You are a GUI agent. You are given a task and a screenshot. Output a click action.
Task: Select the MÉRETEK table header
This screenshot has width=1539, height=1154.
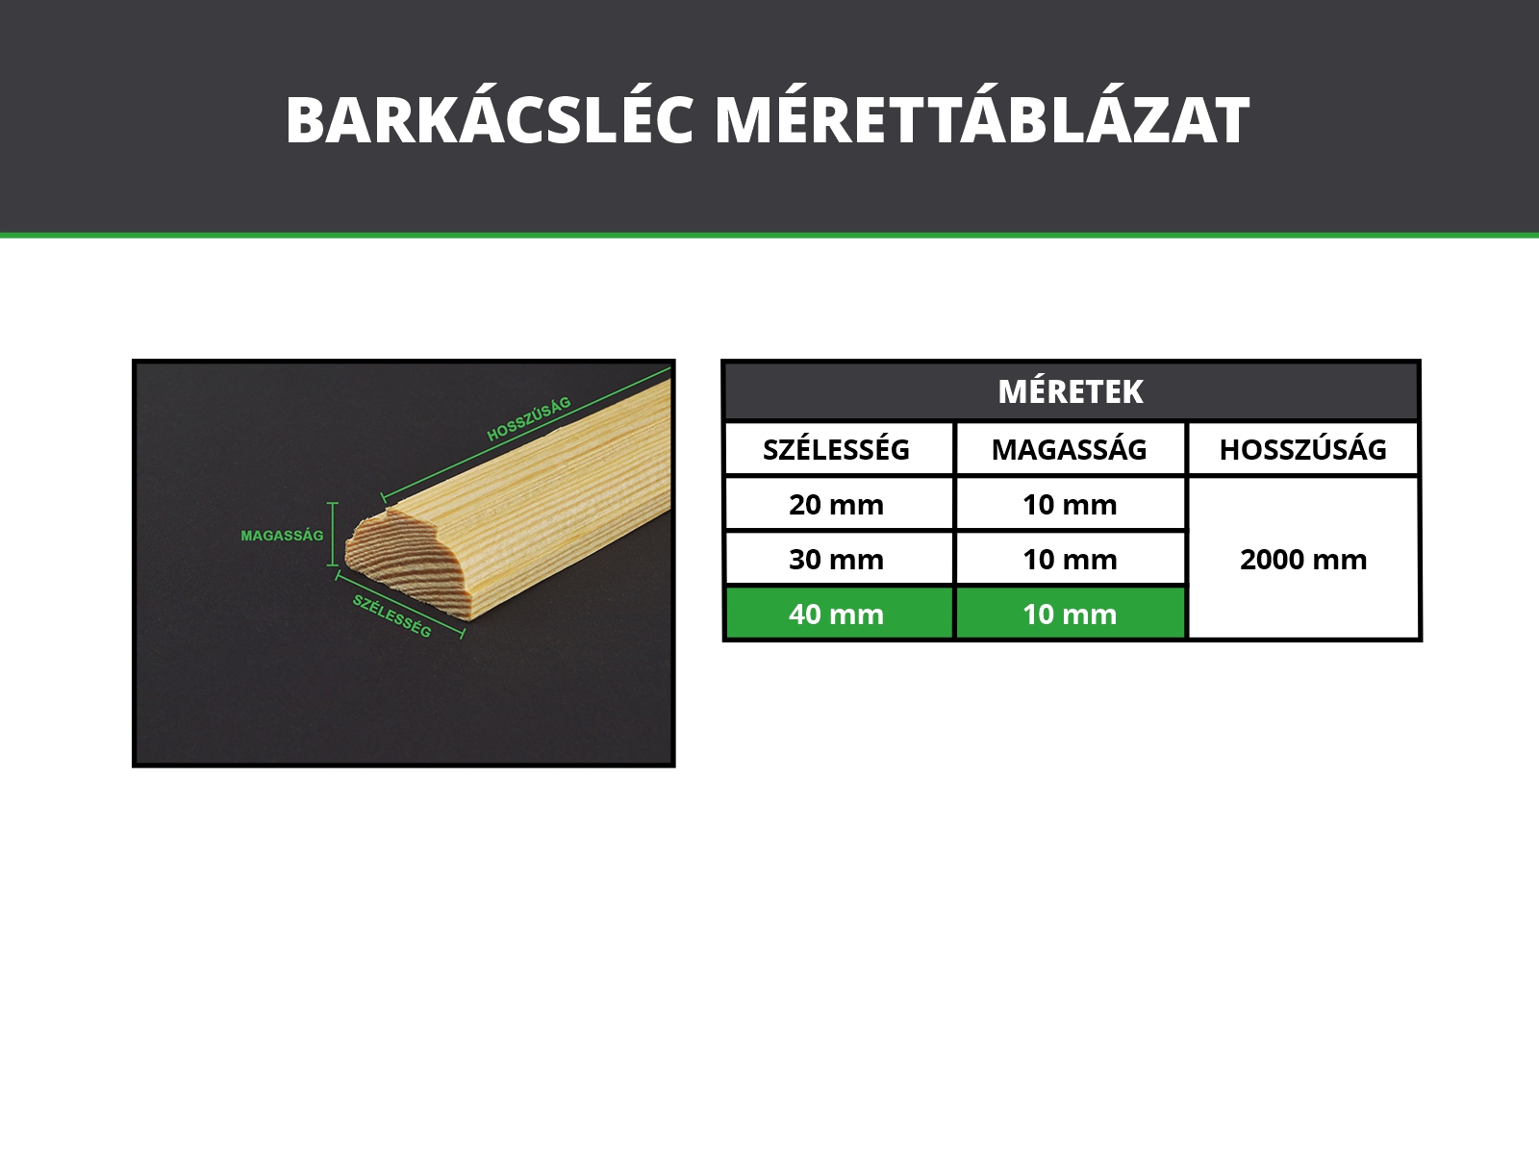1071,391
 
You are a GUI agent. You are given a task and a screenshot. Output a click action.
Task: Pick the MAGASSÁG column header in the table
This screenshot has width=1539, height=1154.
1070,449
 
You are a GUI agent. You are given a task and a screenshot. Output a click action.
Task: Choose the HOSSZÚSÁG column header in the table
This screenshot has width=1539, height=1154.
1302,449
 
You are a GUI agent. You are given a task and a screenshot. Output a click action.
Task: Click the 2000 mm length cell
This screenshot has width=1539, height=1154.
1302,559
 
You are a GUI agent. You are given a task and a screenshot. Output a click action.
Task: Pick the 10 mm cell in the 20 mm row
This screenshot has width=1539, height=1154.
1070,505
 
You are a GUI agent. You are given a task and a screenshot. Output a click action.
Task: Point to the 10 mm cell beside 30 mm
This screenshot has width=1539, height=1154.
1070,559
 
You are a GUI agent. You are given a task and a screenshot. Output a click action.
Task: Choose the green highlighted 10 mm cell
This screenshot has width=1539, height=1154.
1070,614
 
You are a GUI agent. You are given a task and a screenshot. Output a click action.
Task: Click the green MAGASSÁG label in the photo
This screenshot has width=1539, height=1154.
282,536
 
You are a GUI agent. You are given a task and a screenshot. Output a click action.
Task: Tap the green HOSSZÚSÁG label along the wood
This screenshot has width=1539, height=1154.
529,419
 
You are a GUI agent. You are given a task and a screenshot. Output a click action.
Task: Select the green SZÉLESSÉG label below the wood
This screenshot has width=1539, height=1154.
391,615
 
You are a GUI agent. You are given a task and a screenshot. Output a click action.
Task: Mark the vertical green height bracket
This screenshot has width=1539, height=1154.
333,534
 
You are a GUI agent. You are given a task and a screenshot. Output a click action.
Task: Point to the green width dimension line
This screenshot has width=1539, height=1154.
399,605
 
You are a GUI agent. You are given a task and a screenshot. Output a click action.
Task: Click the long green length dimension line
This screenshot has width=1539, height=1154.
526,433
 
